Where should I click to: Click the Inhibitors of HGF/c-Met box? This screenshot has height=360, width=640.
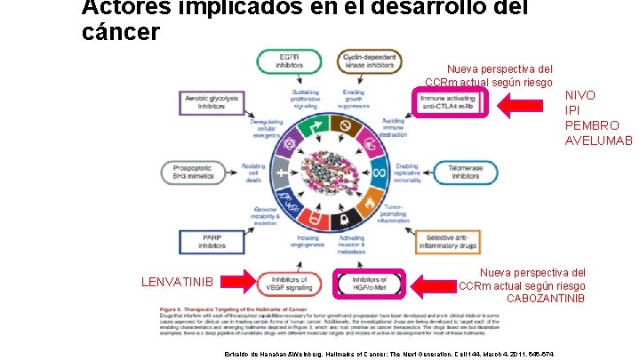coord(369,284)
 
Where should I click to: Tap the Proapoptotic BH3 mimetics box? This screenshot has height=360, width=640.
coord(194,172)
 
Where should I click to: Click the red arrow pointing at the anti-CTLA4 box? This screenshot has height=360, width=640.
coord(527,106)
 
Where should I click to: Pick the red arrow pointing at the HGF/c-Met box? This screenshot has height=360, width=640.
coord(433,284)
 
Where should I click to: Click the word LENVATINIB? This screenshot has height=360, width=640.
coord(178,283)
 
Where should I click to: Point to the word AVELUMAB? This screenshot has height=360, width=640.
coord(598,140)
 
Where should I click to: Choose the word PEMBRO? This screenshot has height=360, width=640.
coord(591,125)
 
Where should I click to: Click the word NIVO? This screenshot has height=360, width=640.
coord(580,95)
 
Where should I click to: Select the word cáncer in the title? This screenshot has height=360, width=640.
coord(120,33)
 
